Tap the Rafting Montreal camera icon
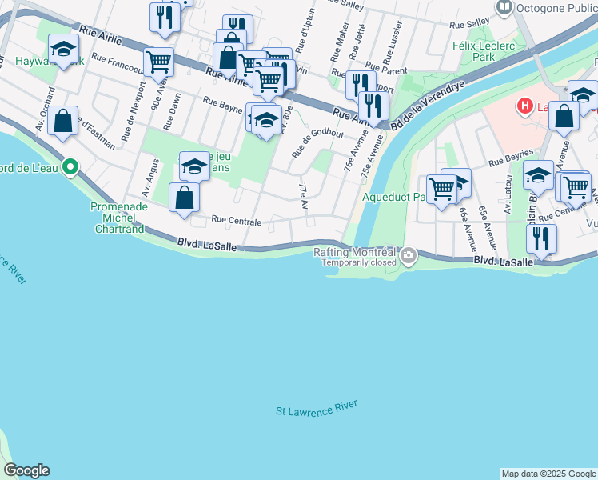tap(409, 257)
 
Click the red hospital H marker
tap(524, 105)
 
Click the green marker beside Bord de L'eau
tap(70, 166)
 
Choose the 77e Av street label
tap(304, 196)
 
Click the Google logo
tap(26, 470)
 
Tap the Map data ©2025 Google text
tap(548, 474)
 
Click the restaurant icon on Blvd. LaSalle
tap(541, 238)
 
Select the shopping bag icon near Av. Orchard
tap(63, 121)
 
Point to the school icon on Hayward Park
tap(63, 49)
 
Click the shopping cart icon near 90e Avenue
tap(159, 60)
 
